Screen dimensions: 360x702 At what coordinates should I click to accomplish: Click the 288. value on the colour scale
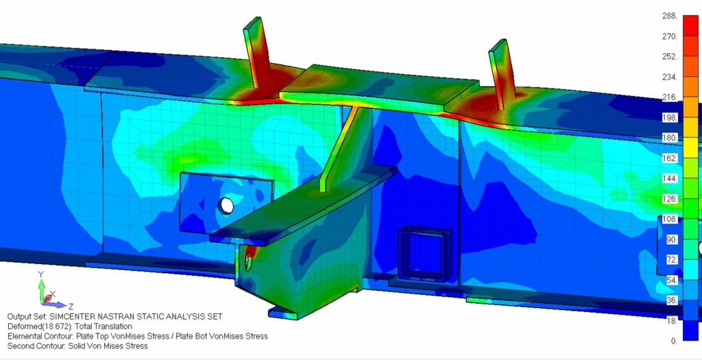[670, 16]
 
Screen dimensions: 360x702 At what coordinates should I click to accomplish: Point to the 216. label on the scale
[670, 97]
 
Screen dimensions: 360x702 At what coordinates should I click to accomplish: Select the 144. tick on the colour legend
[670, 178]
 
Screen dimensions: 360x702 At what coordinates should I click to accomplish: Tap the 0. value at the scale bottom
[674, 341]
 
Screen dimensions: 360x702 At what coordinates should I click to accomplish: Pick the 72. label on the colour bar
[672, 260]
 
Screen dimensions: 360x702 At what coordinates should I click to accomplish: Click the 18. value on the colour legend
[672, 320]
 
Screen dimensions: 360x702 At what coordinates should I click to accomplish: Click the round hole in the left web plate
[226, 205]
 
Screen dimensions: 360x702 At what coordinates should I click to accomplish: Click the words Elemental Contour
[43, 336]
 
